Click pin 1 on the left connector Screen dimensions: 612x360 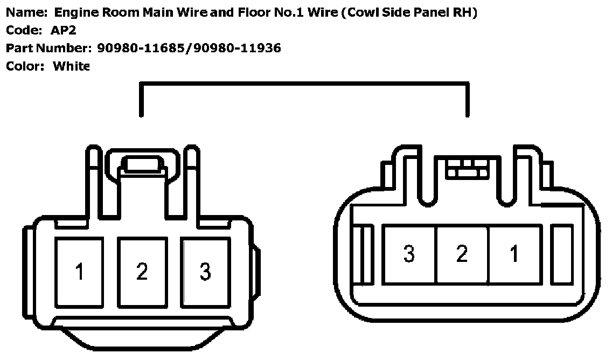(79, 272)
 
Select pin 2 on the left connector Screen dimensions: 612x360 (142, 272)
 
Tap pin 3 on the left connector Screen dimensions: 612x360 (205, 272)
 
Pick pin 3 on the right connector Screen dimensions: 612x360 (409, 254)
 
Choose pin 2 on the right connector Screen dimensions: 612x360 (462, 254)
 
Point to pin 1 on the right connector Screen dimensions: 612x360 (514, 254)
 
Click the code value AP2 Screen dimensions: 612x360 (64, 30)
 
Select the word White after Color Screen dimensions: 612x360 (71, 66)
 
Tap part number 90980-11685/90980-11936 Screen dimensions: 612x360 (189, 49)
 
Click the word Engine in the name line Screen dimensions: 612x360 (74, 13)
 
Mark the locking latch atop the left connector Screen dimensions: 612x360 (142, 164)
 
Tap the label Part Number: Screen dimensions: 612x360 (47, 49)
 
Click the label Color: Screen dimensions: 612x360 (25, 66)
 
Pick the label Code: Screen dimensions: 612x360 (23, 30)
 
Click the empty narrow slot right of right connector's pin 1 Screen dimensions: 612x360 (564, 254)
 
